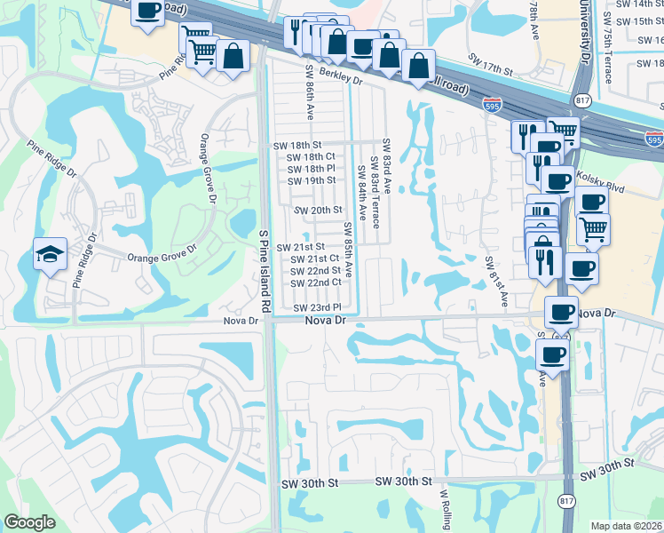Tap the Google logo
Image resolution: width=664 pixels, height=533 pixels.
(x=29, y=522)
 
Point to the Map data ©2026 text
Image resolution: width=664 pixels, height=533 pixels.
(x=627, y=526)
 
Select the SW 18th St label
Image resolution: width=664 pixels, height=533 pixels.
(x=296, y=145)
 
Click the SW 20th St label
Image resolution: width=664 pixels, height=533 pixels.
(x=318, y=210)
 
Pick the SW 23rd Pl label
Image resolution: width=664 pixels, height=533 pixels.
(x=318, y=307)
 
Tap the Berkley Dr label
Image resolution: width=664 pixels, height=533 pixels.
(x=336, y=78)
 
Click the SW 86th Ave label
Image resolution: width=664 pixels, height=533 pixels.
(x=311, y=92)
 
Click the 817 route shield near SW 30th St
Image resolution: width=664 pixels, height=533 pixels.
(x=566, y=502)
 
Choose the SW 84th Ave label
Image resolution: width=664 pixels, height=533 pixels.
(x=362, y=193)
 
